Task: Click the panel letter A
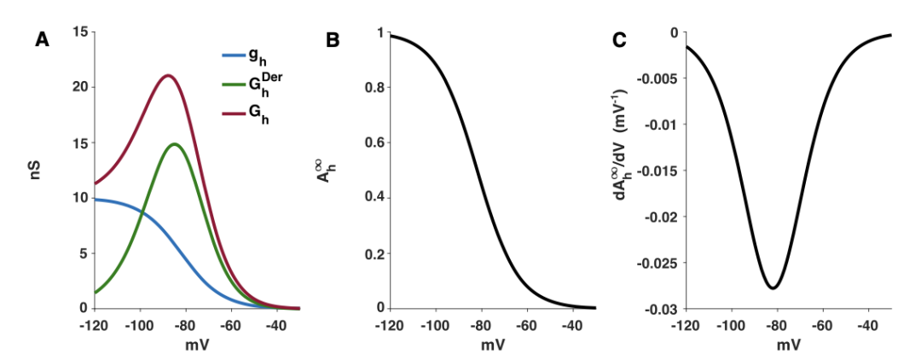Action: (42, 39)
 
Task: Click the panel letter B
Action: (333, 39)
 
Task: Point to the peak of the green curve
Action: (175, 144)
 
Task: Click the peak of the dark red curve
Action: (168, 75)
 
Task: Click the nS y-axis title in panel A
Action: (37, 171)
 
